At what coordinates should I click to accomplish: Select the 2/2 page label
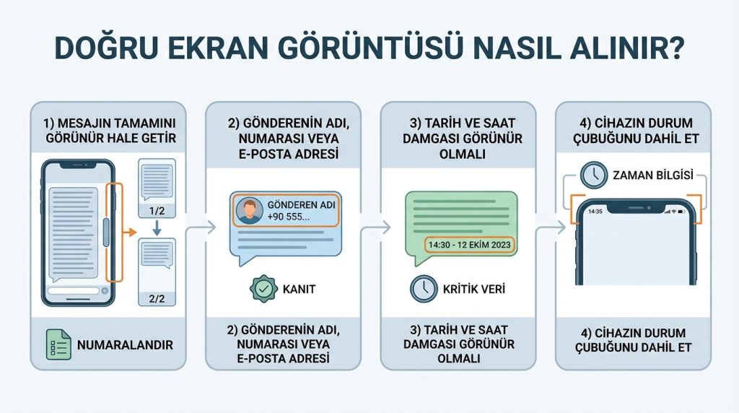(156, 297)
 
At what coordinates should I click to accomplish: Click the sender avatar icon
(249, 211)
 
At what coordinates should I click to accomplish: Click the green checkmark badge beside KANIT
(263, 289)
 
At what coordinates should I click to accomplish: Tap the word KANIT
(300, 290)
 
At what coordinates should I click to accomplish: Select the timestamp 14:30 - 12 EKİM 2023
(469, 245)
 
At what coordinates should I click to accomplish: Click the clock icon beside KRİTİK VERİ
(422, 289)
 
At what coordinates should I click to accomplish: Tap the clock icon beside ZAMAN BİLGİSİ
(592, 174)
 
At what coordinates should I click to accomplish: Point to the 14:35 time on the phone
(595, 212)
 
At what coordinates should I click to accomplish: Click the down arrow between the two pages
(156, 230)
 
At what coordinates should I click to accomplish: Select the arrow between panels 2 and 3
(375, 228)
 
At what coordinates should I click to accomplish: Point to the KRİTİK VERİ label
(472, 289)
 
